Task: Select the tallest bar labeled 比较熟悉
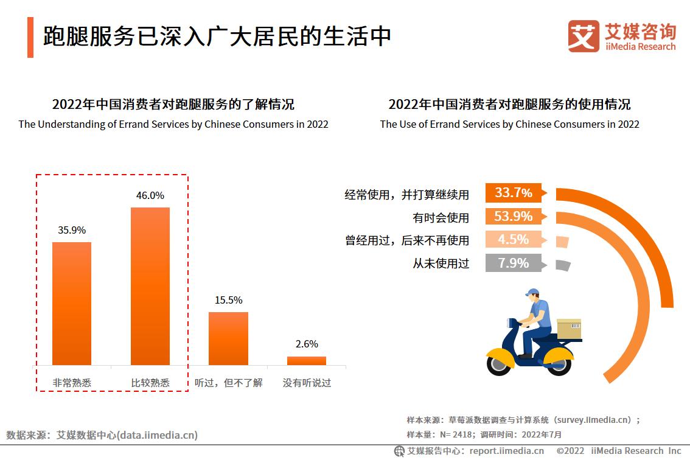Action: pyautogui.click(x=150, y=286)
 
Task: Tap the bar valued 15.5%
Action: pyautogui.click(x=228, y=338)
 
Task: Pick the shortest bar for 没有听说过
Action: pyautogui.click(x=307, y=360)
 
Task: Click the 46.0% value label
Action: pyautogui.click(x=150, y=195)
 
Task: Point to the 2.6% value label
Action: pyautogui.click(x=307, y=344)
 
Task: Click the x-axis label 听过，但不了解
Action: pyautogui.click(x=229, y=383)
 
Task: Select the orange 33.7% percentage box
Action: pyautogui.click(x=513, y=193)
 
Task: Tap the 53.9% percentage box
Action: pyautogui.click(x=513, y=216)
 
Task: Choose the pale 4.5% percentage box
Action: pyautogui.click(x=513, y=239)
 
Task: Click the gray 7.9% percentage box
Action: pyautogui.click(x=513, y=263)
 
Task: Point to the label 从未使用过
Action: pyautogui.click(x=441, y=263)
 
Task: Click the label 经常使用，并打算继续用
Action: pyautogui.click(x=407, y=195)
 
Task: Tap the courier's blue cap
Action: pyautogui.click(x=532, y=293)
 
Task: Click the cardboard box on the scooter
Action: pyautogui.click(x=569, y=329)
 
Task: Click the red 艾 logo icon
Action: pyautogui.click(x=584, y=36)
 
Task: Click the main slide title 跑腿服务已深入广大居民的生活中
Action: pyautogui.click(x=217, y=37)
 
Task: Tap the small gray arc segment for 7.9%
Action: pyautogui.click(x=563, y=265)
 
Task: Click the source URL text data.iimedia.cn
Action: pyautogui.click(x=158, y=435)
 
